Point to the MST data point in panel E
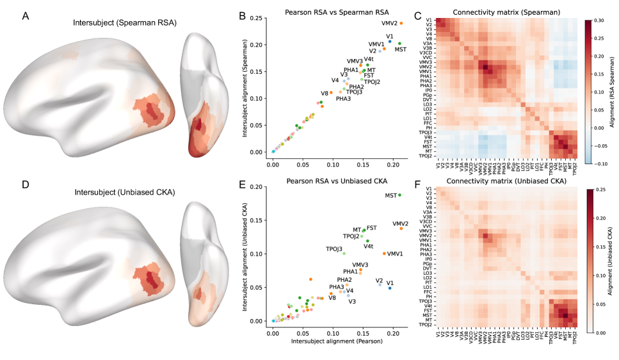click(x=399, y=195)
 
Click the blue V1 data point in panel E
click(x=390, y=288)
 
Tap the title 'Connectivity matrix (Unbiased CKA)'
click(x=503, y=182)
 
